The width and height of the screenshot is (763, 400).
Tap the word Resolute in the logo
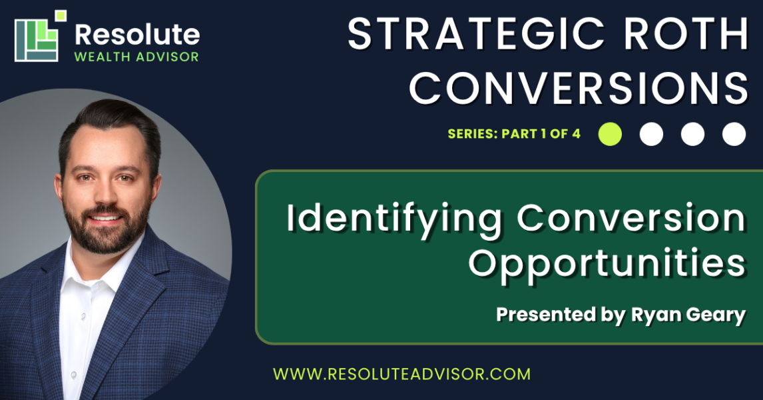pos(137,35)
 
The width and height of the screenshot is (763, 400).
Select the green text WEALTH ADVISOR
pos(136,57)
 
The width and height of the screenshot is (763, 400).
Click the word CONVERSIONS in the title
pos(579,88)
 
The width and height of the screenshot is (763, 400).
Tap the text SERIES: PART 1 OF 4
pos(514,134)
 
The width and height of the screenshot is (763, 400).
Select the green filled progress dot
pos(611,134)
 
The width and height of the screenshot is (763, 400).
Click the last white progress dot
pos(734,134)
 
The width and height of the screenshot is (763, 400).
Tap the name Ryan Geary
pos(688,315)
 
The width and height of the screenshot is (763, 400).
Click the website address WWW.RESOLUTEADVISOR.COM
pos(402,374)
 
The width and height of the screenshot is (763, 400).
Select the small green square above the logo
pos(61,15)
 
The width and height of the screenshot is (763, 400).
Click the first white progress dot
pos(652,134)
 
